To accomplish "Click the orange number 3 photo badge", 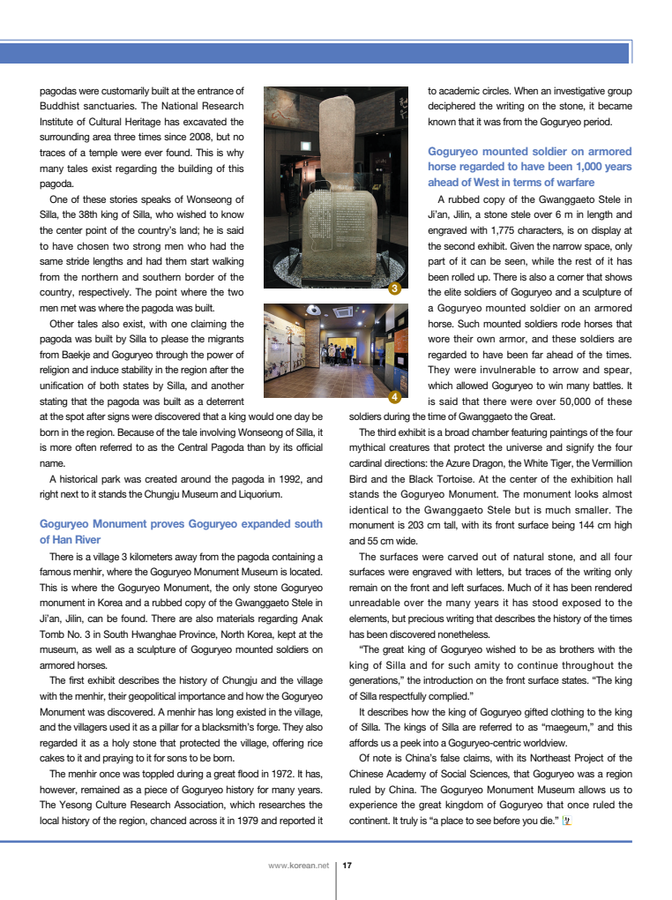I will point(396,289).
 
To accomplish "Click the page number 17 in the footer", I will point(347,866).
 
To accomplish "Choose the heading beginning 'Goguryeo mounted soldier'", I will point(529,166).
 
